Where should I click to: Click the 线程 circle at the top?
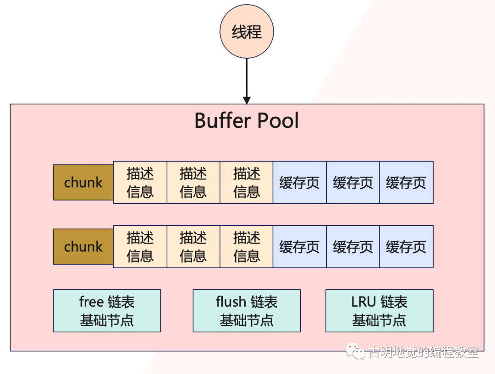click(247, 32)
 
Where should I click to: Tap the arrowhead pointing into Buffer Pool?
click(247, 100)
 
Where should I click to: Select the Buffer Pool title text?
click(247, 121)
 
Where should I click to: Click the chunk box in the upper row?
click(83, 182)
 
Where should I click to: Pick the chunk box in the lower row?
click(83, 247)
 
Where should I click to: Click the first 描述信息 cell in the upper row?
click(140, 182)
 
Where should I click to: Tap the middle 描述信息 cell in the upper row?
click(193, 182)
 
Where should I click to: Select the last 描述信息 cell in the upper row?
click(247, 182)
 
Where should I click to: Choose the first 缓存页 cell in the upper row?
click(300, 182)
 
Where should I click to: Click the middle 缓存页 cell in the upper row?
click(353, 182)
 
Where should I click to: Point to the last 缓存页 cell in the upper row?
click(406, 182)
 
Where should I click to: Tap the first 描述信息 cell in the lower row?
click(140, 247)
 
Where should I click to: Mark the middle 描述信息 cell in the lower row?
click(193, 247)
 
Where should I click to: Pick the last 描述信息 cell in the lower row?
click(247, 247)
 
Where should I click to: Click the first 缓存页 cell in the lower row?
click(300, 247)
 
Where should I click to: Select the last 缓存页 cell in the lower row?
click(406, 247)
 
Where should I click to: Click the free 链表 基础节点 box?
click(107, 311)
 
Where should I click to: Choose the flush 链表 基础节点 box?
click(247, 311)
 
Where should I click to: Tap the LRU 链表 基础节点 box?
click(379, 311)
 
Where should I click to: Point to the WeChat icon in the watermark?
click(356, 352)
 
